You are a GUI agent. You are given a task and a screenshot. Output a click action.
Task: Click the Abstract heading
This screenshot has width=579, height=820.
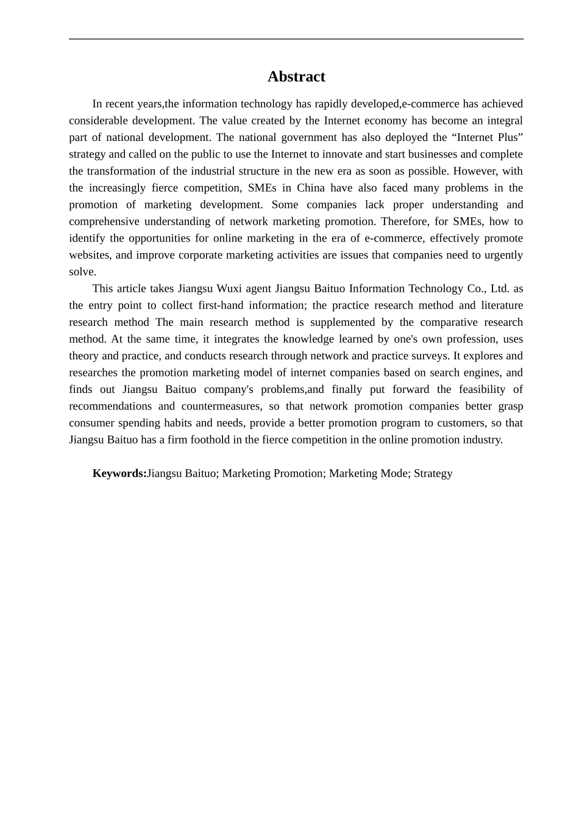(x=296, y=77)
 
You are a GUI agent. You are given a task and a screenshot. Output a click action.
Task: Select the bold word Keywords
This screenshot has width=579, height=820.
(x=119, y=473)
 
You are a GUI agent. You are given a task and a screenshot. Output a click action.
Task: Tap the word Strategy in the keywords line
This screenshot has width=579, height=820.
(x=433, y=473)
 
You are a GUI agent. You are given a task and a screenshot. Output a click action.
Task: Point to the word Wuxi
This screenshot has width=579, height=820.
(x=229, y=289)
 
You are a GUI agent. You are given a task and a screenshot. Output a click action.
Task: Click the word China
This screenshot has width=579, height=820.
(x=311, y=188)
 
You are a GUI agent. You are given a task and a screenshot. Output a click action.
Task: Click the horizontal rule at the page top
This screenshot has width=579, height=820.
(x=296, y=39)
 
